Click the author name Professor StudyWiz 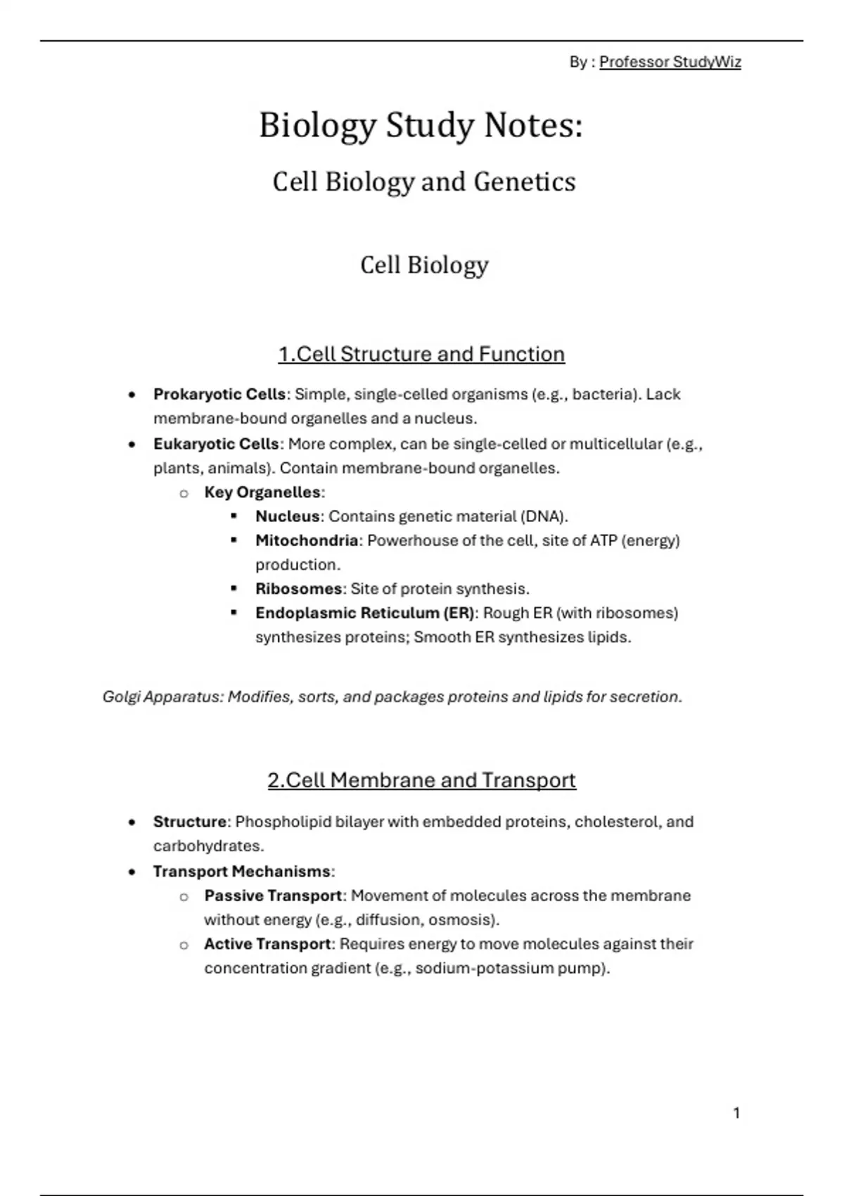pyautogui.click(x=670, y=63)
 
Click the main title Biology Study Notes pyautogui.click(x=421, y=126)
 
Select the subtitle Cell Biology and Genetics pyautogui.click(x=423, y=182)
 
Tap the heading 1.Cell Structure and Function pyautogui.click(x=421, y=354)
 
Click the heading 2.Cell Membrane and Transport pyautogui.click(x=421, y=780)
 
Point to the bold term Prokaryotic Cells pyautogui.click(x=219, y=394)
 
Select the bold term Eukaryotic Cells pyautogui.click(x=216, y=444)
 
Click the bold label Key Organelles pyautogui.click(x=262, y=492)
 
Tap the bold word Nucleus pyautogui.click(x=288, y=516)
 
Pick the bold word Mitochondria pyautogui.click(x=307, y=541)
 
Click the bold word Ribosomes pyautogui.click(x=298, y=589)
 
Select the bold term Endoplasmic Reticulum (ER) pyautogui.click(x=365, y=613)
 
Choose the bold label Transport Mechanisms pyautogui.click(x=242, y=872)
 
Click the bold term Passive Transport pyautogui.click(x=273, y=896)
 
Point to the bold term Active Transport pyautogui.click(x=267, y=944)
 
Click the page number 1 pyautogui.click(x=736, y=1113)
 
